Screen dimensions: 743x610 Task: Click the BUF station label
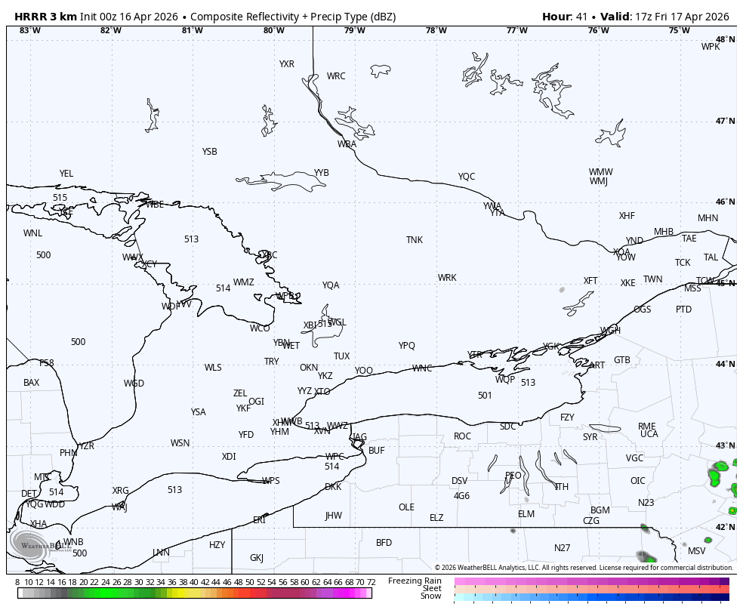tap(377, 451)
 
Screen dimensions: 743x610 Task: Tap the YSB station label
tap(209, 152)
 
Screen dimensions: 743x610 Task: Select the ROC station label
tap(462, 436)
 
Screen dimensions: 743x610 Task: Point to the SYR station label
tap(590, 437)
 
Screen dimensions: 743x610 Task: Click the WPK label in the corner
tap(711, 47)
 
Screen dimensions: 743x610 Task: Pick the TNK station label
tap(415, 240)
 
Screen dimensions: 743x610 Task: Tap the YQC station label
tap(467, 177)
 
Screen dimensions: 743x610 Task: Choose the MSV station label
tap(696, 551)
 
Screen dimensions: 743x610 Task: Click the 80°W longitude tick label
tap(273, 30)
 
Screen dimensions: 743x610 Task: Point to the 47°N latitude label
tap(725, 121)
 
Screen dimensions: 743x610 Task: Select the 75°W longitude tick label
tap(679, 30)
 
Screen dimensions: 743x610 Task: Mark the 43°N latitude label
tap(725, 446)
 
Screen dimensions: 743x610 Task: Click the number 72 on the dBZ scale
tap(371, 582)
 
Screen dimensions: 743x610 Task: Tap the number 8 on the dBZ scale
tap(17, 582)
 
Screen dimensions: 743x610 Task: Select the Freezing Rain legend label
tap(415, 581)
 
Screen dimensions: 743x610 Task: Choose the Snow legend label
tap(431, 596)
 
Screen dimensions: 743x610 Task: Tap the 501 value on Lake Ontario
tap(485, 396)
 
